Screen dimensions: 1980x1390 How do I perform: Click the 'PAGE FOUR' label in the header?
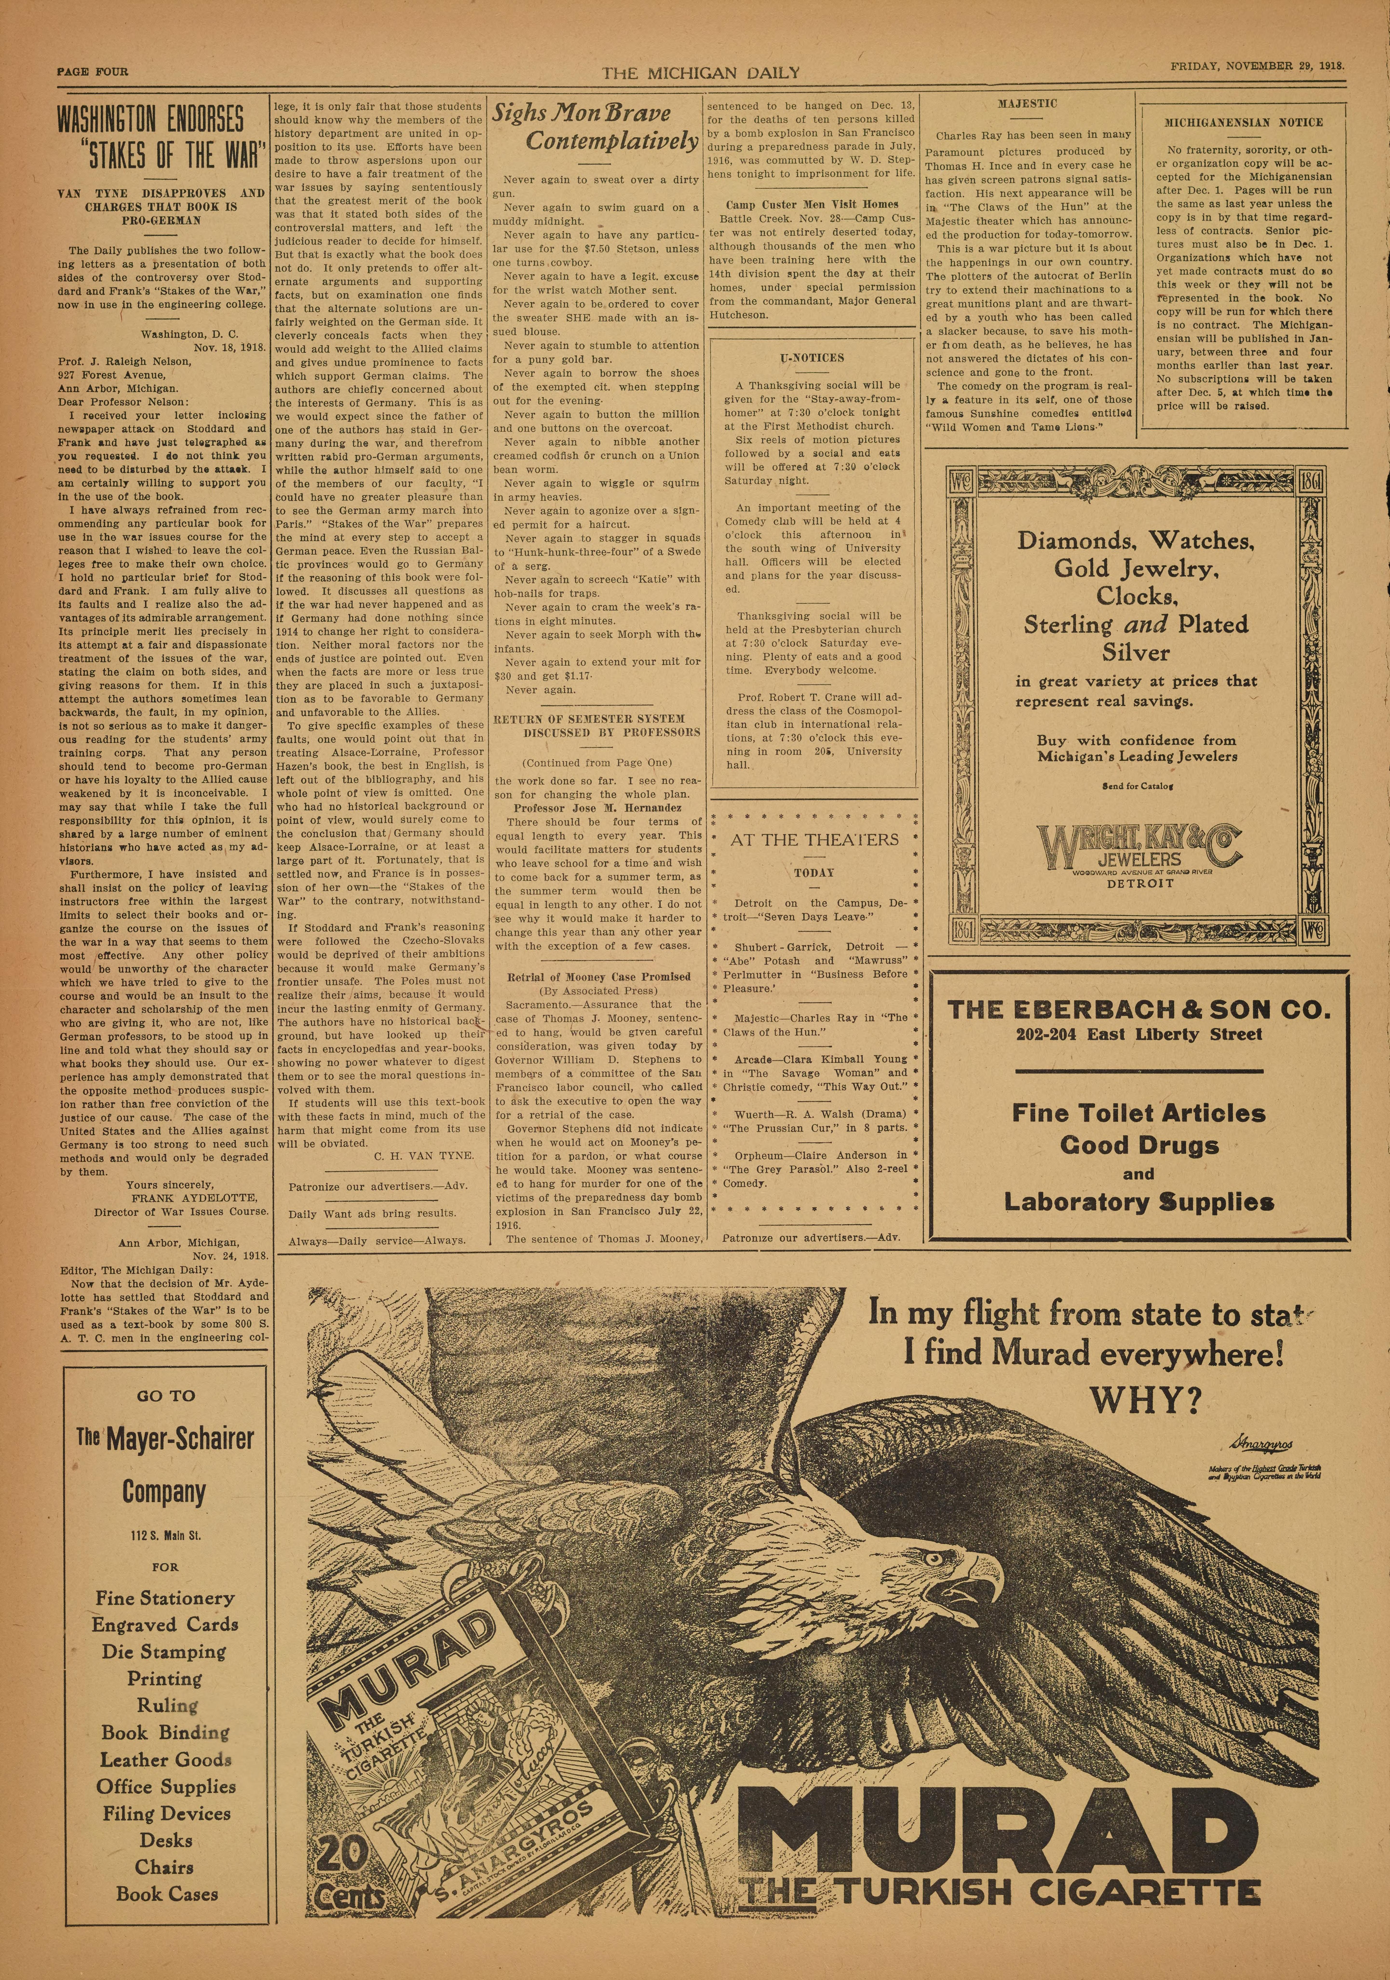[92, 72]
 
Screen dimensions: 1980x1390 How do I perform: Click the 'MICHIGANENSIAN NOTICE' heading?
[1243, 122]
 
